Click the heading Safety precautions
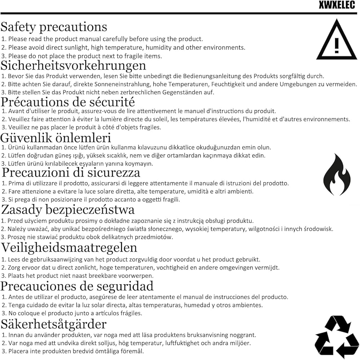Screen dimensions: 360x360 tap(54, 27)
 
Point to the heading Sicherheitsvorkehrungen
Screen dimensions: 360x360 tap(73, 65)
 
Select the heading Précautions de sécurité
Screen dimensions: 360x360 tap(68, 102)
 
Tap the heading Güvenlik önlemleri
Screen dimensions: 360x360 tap(56, 138)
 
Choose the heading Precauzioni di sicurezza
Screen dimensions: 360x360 tap(71, 172)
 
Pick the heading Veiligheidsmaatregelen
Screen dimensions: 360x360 tap(69, 247)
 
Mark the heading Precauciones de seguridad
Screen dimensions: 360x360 tap(77, 286)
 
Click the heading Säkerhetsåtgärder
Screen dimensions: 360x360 tap(54, 324)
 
